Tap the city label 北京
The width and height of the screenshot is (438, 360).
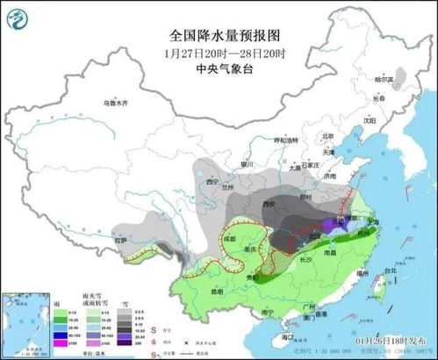click(x=328, y=137)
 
